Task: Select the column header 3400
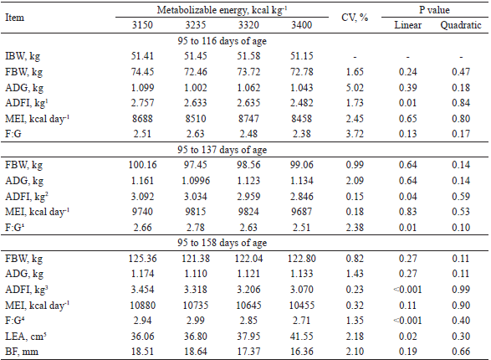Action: pos(301,26)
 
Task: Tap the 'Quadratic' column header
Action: pos(459,26)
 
